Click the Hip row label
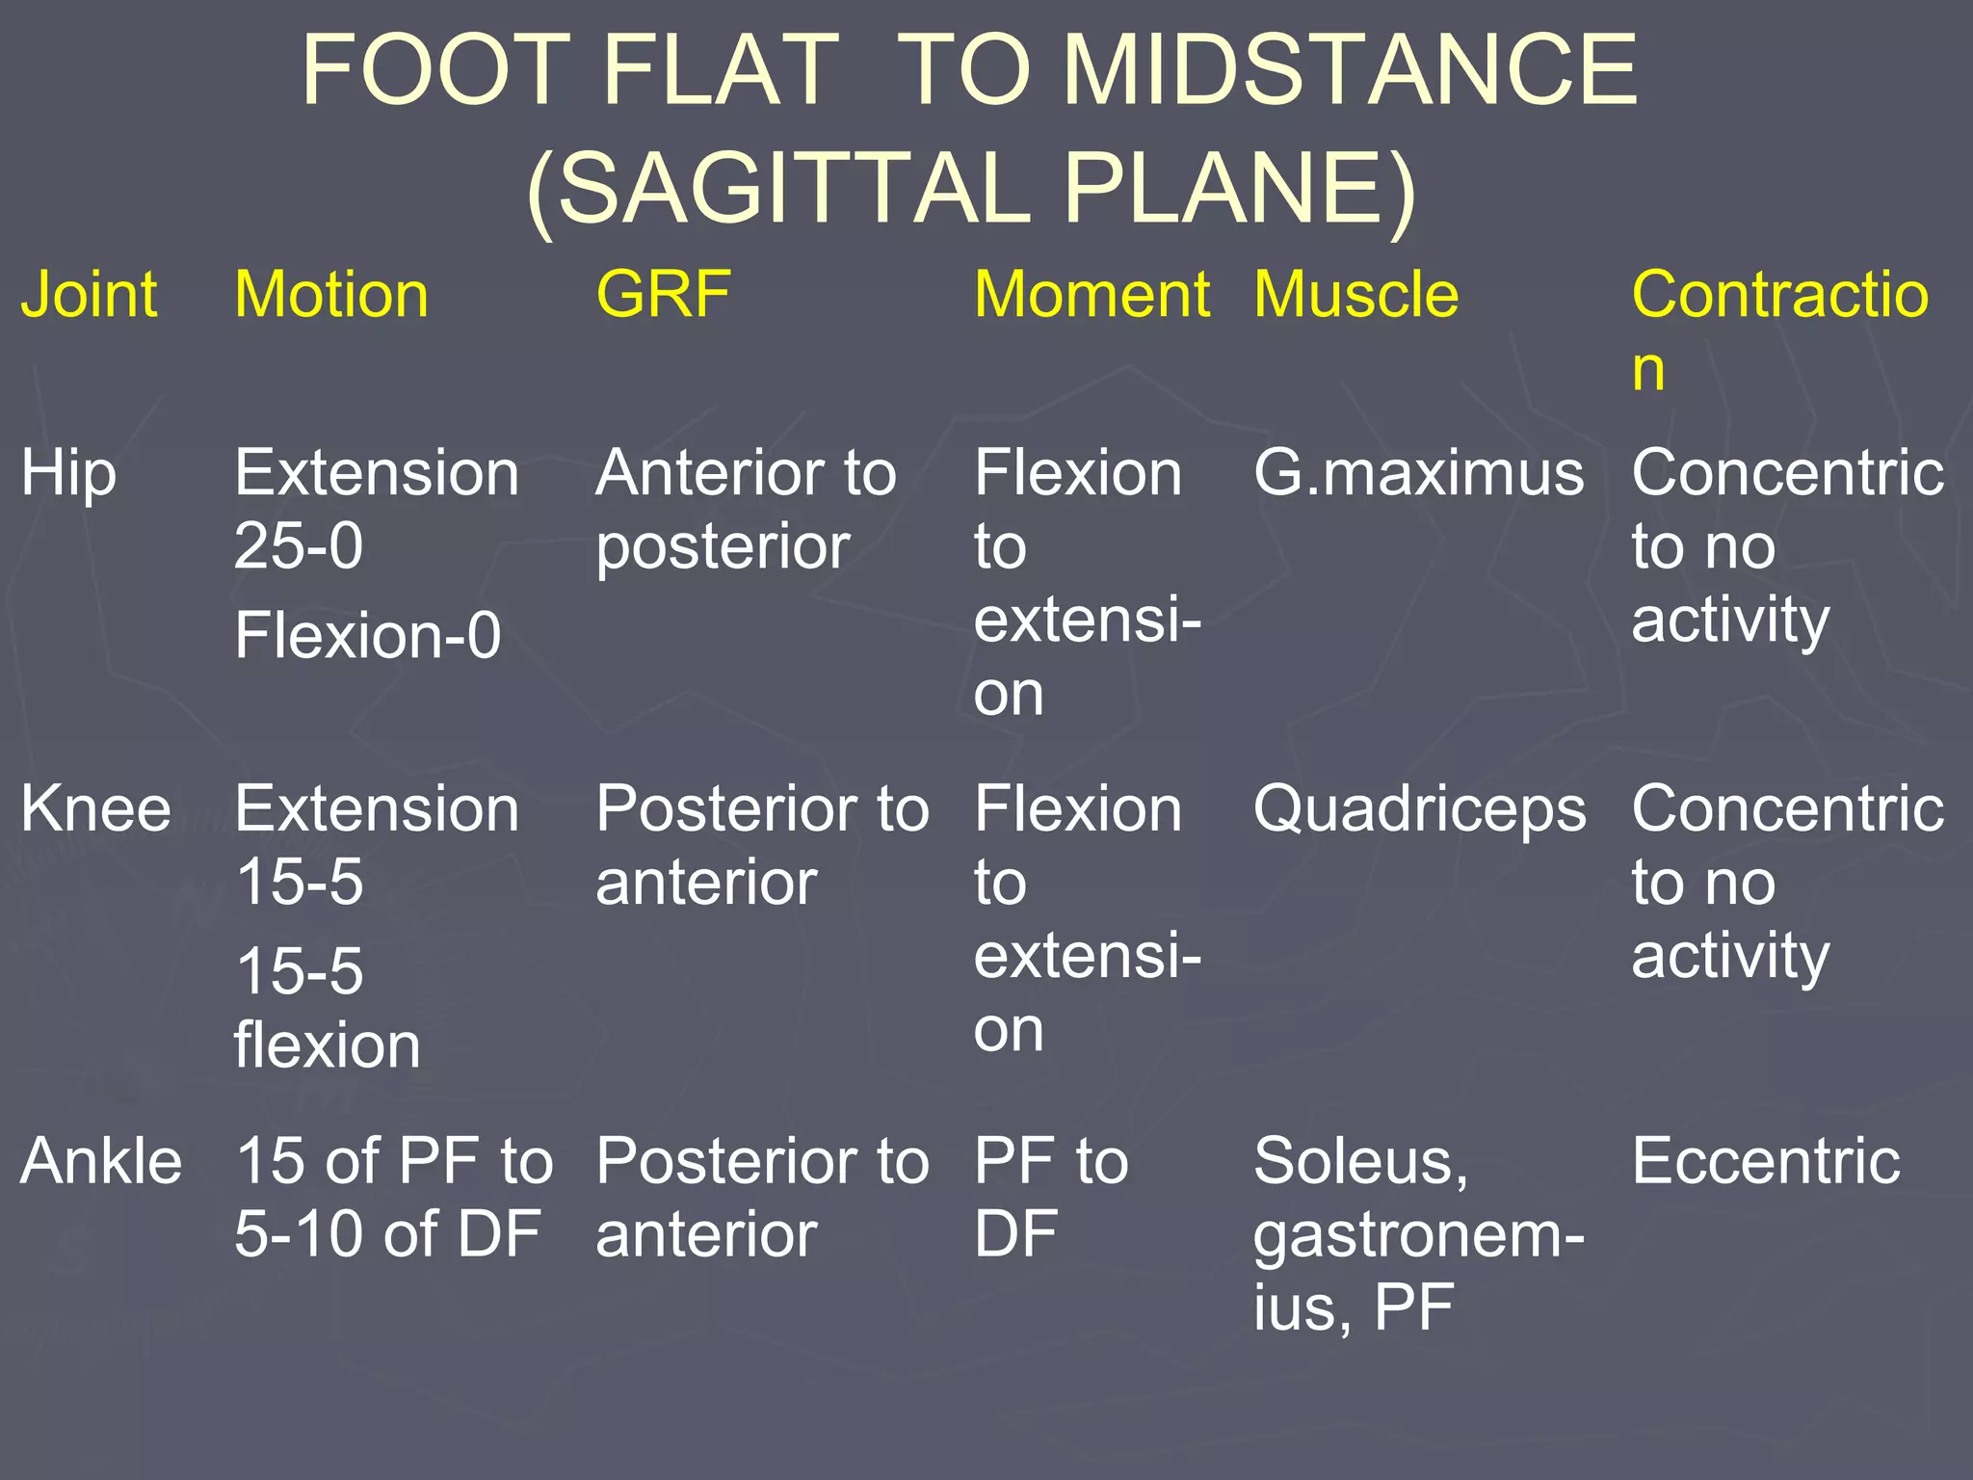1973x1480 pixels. pyautogui.click(x=68, y=475)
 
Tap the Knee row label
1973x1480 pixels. pyautogui.click(x=95, y=808)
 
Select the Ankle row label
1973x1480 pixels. pyautogui.click(x=101, y=1161)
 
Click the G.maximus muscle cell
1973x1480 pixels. pyautogui.click(x=1418, y=474)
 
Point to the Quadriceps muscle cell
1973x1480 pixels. pyautogui.click(x=1419, y=810)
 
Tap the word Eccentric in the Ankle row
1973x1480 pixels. pyautogui.click(x=1765, y=1161)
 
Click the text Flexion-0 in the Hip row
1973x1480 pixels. pyautogui.click(x=368, y=636)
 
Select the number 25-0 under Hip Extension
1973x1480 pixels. pyautogui.click(x=299, y=546)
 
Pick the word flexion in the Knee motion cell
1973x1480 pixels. pyautogui.click(x=328, y=1045)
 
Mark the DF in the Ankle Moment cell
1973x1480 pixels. pyautogui.click(x=1015, y=1234)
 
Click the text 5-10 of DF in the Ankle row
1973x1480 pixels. pyautogui.click(x=387, y=1234)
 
